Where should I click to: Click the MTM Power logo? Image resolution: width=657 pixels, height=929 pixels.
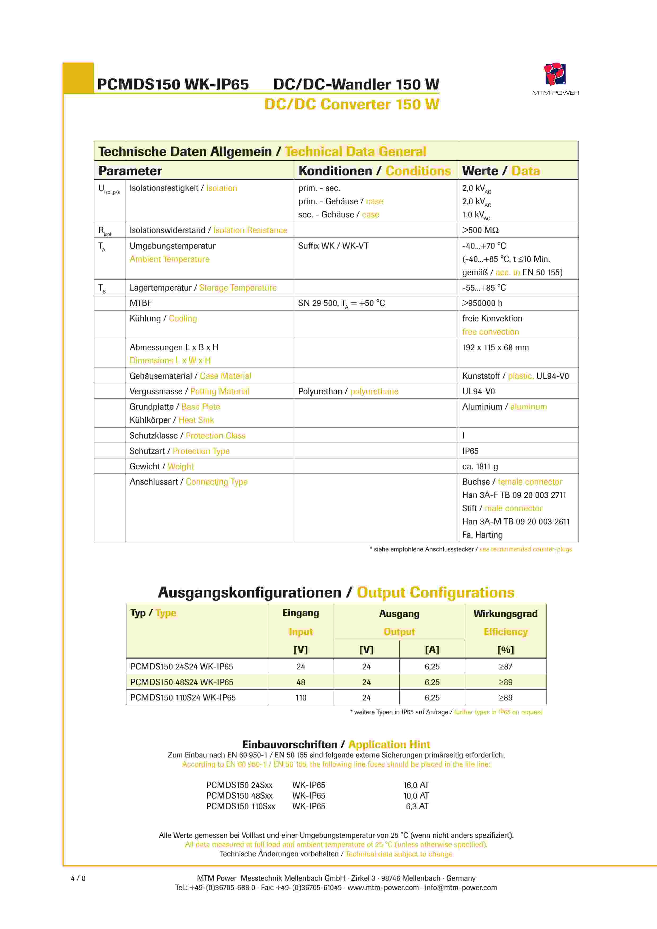pyautogui.click(x=555, y=75)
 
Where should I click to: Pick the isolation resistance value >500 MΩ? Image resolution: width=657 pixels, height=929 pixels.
pyautogui.click(x=480, y=230)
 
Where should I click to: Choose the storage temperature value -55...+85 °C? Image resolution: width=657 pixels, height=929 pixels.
pyautogui.click(x=484, y=288)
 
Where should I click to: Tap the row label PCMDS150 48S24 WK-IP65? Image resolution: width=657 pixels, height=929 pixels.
pyautogui.click(x=182, y=682)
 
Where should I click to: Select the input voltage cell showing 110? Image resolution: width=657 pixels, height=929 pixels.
pyautogui.click(x=301, y=698)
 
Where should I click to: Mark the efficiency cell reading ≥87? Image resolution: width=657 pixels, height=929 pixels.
pyautogui.click(x=505, y=667)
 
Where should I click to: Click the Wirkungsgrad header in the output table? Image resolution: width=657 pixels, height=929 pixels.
pyautogui.click(x=505, y=614)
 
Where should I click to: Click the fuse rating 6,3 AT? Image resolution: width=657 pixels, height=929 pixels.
pyautogui.click(x=417, y=806)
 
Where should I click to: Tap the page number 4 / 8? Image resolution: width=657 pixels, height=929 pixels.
pyautogui.click(x=78, y=878)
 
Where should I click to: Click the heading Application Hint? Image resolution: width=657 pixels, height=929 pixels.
pyautogui.click(x=389, y=744)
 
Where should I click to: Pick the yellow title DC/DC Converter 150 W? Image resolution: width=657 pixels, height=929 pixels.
pyautogui.click(x=352, y=104)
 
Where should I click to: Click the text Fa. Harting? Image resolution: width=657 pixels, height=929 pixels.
pyautogui.click(x=482, y=535)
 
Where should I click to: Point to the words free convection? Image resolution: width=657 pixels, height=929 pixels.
pyautogui.click(x=490, y=332)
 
